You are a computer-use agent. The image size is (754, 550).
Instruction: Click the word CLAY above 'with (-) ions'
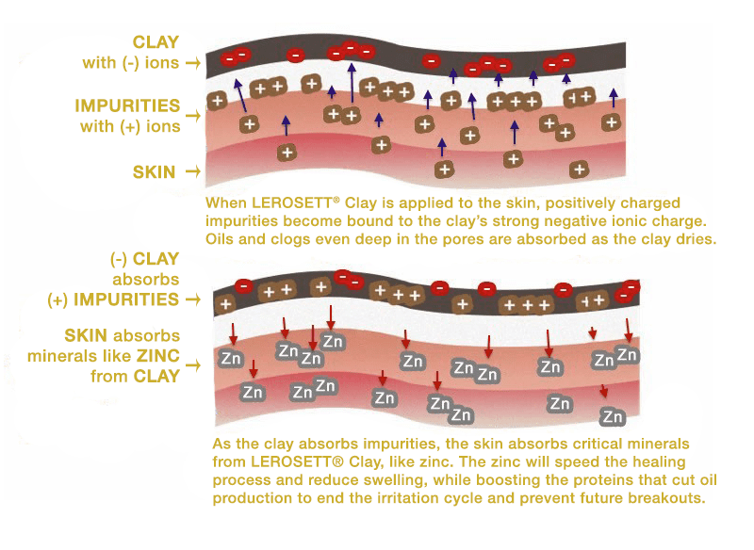tap(156, 42)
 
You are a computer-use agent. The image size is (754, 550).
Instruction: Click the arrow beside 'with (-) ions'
tap(193, 62)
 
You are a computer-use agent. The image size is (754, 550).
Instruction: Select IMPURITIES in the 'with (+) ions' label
tap(127, 105)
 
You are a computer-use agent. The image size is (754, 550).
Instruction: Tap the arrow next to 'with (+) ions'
tap(193, 115)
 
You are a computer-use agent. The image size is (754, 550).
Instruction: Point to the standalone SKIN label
tap(154, 172)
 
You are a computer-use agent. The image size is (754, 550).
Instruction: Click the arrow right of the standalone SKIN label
tap(193, 171)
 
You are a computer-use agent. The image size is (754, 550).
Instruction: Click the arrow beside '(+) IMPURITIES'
tap(193, 299)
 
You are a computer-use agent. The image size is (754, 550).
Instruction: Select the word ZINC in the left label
tap(158, 356)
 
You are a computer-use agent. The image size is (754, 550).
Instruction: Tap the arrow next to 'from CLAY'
tap(193, 365)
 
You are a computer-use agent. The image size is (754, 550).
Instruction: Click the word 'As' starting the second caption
tap(222, 444)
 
